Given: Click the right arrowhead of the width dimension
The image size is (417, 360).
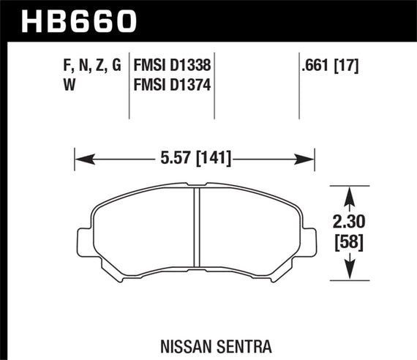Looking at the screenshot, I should (x=308, y=157).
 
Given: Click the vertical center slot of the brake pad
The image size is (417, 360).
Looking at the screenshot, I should (x=196, y=233).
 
